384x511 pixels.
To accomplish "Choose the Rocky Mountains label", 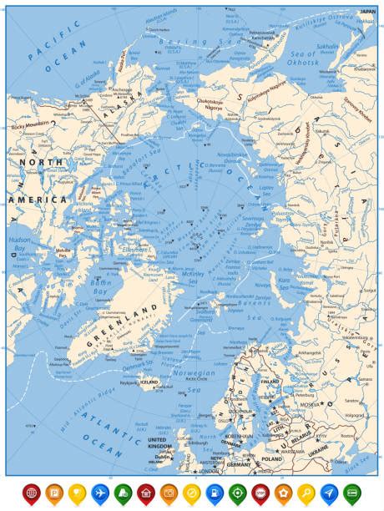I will [x=29, y=126].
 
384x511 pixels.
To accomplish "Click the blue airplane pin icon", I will [x=99, y=493].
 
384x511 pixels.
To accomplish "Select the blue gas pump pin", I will [x=214, y=493].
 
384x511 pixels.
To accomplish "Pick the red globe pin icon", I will [x=31, y=493].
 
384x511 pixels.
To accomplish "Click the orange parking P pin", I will [x=53, y=493].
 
